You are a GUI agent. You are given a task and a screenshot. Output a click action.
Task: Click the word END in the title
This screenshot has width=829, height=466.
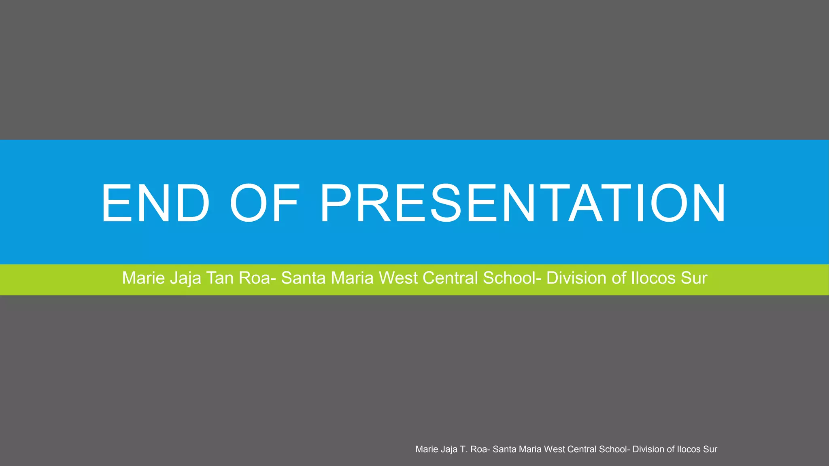tap(155, 203)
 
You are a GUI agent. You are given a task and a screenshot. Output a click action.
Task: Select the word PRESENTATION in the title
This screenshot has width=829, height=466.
tap(523, 203)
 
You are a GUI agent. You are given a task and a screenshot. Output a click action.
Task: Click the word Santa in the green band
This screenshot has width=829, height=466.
tap(303, 278)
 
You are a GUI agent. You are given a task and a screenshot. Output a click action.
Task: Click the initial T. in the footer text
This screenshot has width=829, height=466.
tap(464, 449)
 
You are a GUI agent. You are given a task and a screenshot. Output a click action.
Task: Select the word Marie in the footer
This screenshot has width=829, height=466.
tap(426, 449)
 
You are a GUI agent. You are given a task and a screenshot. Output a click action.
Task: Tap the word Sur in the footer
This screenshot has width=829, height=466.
tap(710, 449)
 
